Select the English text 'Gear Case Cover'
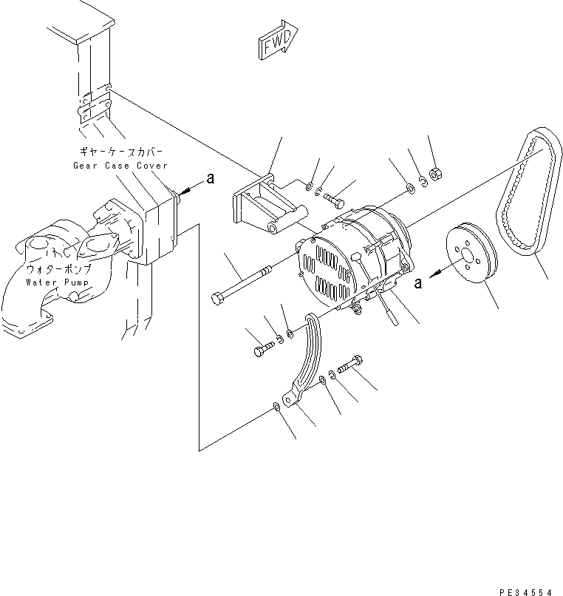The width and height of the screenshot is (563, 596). [120, 166]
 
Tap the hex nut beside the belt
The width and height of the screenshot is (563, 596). [436, 174]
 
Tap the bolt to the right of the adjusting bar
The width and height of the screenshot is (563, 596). [351, 365]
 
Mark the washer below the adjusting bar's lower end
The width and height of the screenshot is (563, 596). [276, 406]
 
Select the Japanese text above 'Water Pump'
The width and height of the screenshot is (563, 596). [58, 270]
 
